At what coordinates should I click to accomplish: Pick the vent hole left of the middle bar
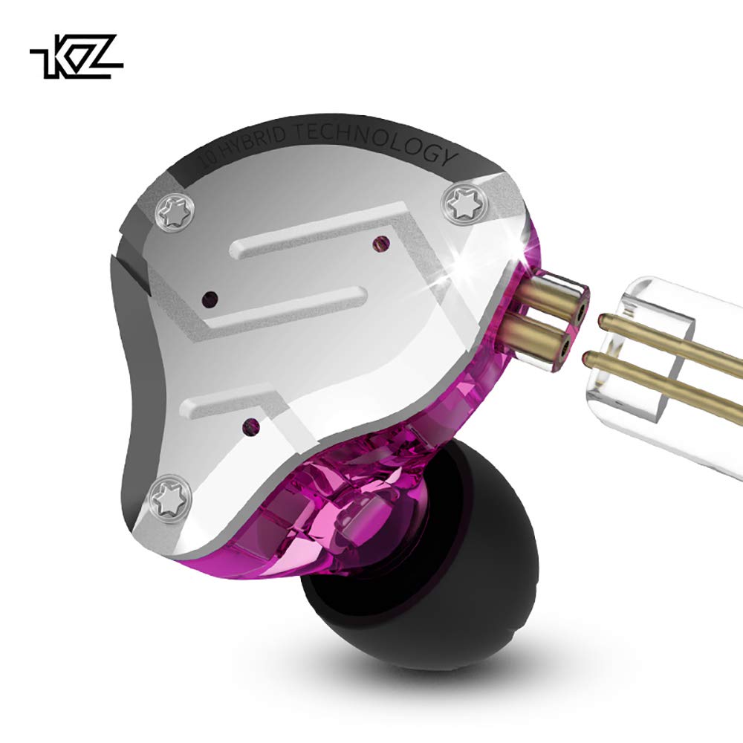(210, 299)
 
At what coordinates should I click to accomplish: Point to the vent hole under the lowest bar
(253, 425)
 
